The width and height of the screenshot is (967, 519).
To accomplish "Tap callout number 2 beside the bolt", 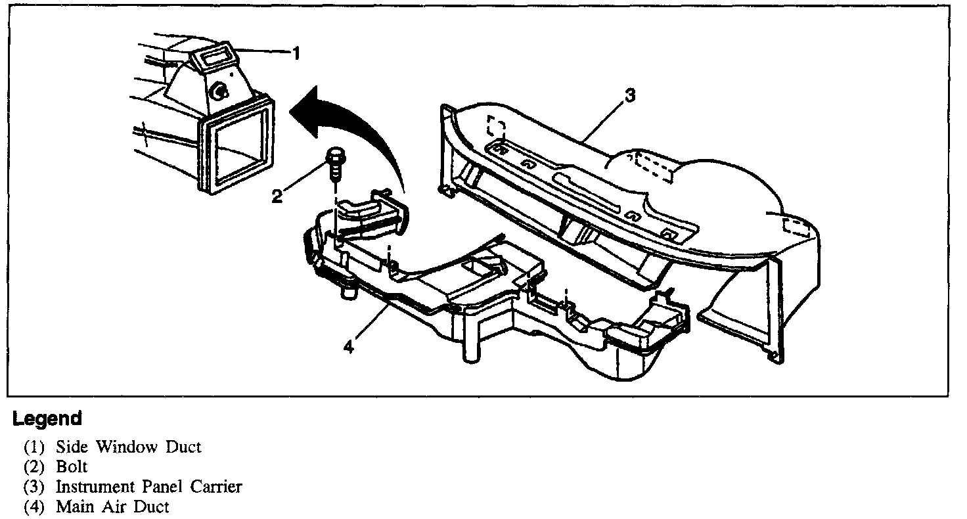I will (x=277, y=195).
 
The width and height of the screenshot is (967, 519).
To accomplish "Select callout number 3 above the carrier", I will (x=629, y=96).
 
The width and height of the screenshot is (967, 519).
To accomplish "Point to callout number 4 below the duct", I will (x=348, y=346).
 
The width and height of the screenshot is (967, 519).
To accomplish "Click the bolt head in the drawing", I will (x=334, y=158).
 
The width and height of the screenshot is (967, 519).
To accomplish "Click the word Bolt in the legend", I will (x=72, y=467).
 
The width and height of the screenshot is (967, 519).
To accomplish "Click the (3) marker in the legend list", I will (x=35, y=487).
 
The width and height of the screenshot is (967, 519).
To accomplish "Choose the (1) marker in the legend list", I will (x=35, y=447).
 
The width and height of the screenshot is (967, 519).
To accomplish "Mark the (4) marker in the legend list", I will (x=35, y=507).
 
